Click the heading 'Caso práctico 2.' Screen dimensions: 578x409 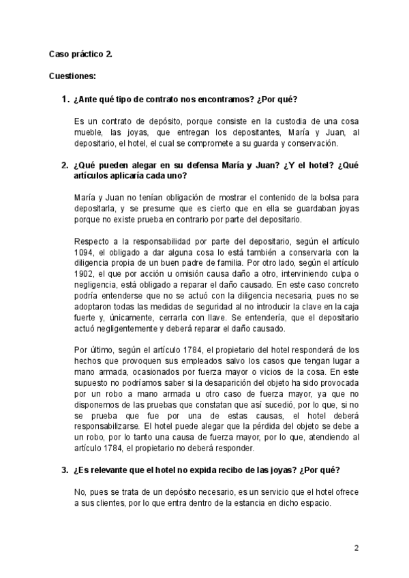[80, 54]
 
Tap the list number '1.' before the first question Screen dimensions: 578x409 [65, 100]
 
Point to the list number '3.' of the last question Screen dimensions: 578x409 [65, 470]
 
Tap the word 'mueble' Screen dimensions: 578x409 [89, 133]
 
